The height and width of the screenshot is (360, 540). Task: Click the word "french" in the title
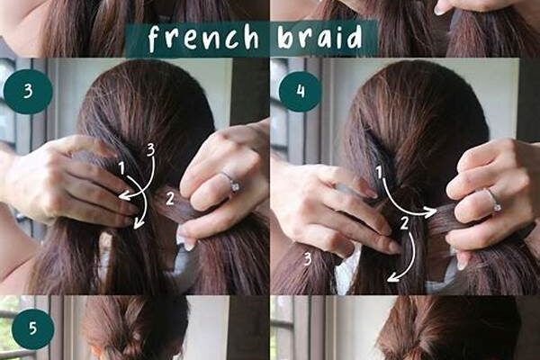(x=203, y=38)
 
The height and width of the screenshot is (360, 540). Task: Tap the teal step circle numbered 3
(x=28, y=91)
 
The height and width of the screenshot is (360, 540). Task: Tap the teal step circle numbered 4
(x=301, y=91)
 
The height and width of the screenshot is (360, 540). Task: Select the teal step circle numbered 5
(x=33, y=328)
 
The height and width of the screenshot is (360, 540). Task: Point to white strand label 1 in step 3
(x=121, y=168)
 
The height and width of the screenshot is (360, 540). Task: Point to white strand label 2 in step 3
(x=170, y=199)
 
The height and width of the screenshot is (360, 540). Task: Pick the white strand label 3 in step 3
(x=151, y=150)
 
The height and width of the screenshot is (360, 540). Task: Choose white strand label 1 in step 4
(x=379, y=172)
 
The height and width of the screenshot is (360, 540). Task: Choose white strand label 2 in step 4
(x=404, y=224)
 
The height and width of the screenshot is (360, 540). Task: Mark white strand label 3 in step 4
(x=308, y=259)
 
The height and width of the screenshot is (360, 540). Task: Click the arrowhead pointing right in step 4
(x=430, y=211)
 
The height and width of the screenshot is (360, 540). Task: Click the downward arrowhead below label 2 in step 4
(x=393, y=276)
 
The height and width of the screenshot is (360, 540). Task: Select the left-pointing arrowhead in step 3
(x=124, y=196)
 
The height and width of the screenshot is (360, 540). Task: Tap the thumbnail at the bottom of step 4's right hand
(x=462, y=264)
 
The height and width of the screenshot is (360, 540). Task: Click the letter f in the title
(x=154, y=39)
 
